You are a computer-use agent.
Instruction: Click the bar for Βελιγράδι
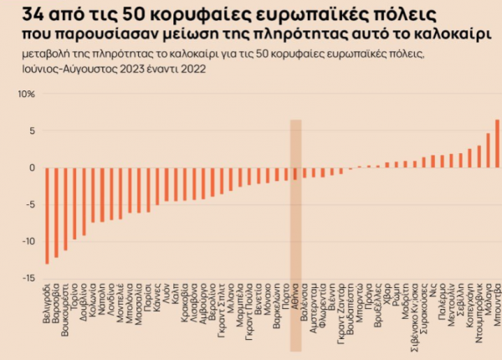click(x=47, y=215)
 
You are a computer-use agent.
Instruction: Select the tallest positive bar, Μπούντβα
click(x=497, y=144)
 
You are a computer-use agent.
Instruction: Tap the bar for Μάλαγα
click(x=488, y=151)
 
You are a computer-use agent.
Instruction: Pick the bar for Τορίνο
click(x=74, y=203)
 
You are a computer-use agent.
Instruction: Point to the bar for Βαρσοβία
click(x=56, y=212)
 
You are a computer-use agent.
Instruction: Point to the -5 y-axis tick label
click(x=28, y=204)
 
